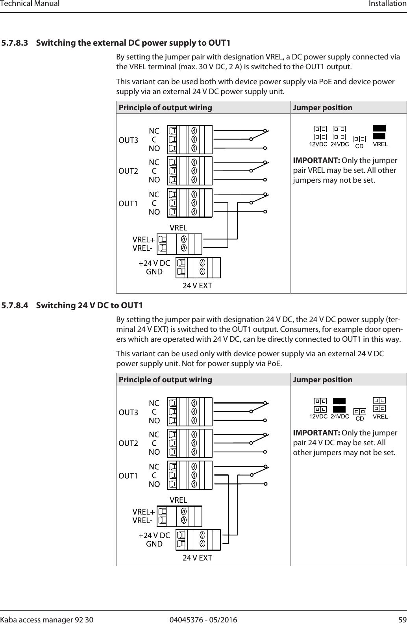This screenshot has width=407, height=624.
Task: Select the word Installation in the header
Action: coord(387,4)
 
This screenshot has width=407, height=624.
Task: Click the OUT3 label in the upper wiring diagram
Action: coord(129,140)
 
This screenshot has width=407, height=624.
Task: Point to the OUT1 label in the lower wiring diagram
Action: coord(129,476)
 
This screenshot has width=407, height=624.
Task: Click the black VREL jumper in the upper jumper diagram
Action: coord(379,132)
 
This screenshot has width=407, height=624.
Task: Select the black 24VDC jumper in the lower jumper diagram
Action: coord(339,405)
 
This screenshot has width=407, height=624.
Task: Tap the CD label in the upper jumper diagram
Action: coord(359,146)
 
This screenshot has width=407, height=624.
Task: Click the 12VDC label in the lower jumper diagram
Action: coord(318,417)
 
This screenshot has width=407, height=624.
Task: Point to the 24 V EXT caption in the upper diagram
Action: coord(197,286)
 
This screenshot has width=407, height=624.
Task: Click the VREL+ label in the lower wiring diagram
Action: coord(144,512)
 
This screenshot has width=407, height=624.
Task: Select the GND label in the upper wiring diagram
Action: coord(154,271)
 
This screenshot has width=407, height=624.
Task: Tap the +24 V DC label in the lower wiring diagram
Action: coord(154,535)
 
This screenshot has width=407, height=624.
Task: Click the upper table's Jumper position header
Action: coord(323,107)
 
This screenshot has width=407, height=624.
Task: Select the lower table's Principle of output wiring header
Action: coord(165,380)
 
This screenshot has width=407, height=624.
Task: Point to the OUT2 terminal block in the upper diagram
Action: coord(190,171)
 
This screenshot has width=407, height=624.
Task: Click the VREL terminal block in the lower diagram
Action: coord(179,516)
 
